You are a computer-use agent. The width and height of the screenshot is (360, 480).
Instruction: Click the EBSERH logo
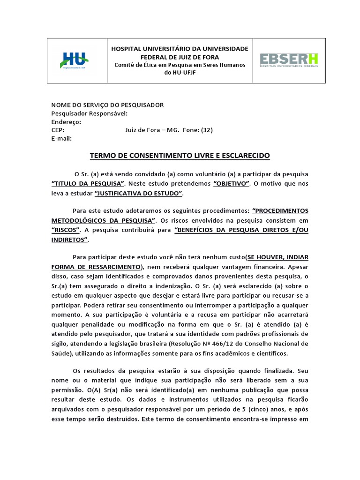point(289,60)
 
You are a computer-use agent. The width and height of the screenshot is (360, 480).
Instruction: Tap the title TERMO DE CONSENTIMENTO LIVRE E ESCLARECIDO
point(180,155)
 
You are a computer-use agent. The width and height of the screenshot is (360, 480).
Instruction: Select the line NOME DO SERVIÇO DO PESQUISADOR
point(107,105)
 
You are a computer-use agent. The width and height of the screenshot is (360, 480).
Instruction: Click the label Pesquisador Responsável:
point(89,113)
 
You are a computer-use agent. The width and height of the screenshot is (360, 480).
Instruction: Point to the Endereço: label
point(66,122)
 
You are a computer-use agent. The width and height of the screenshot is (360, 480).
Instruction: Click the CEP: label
point(58,130)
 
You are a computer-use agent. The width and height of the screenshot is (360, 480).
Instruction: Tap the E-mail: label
point(61,139)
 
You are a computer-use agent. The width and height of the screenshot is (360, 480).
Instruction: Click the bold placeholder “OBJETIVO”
point(232,183)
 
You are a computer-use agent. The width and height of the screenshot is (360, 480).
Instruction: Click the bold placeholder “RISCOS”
point(66,230)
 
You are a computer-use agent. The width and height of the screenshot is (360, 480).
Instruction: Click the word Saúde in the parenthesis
point(61,353)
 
